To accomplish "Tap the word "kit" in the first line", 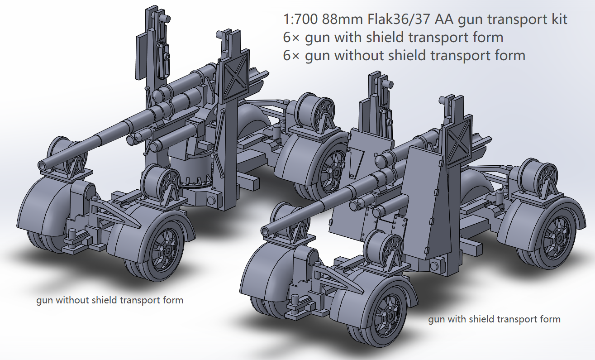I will (x=558, y=20).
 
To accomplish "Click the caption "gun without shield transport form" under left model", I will (x=110, y=300).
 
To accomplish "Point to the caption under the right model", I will (x=494, y=319).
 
